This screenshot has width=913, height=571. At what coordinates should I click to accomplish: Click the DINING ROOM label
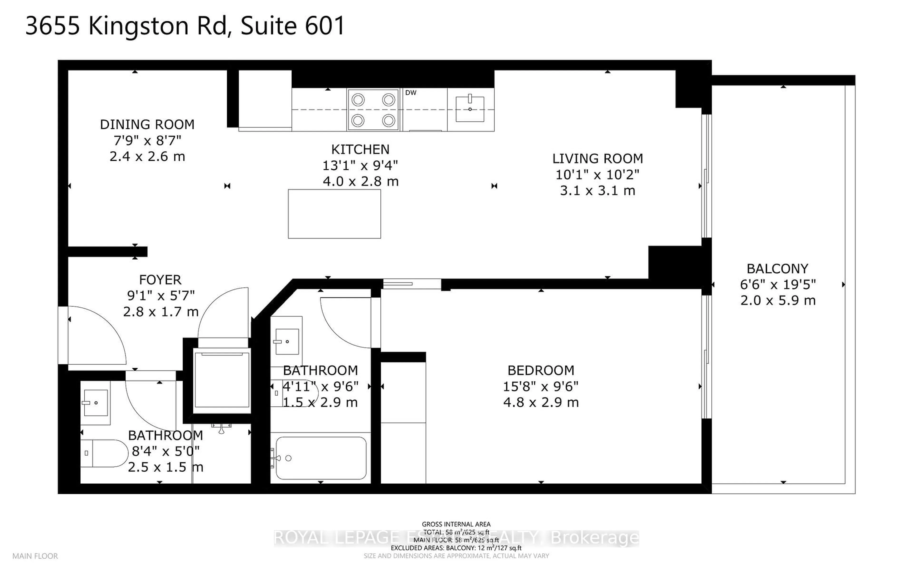[x=147, y=124]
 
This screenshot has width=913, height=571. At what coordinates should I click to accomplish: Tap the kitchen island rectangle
[x=334, y=214]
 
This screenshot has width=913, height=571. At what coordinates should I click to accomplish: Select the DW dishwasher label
[x=410, y=93]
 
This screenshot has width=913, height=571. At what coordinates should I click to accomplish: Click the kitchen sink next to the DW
[x=470, y=109]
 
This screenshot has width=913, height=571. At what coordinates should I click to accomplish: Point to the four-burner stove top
[x=373, y=110]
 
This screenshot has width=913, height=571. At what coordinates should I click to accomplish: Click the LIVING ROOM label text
[x=597, y=159]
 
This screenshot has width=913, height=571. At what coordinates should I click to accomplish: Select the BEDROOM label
[x=541, y=370]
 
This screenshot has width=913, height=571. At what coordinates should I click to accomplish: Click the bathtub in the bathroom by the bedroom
[x=321, y=458]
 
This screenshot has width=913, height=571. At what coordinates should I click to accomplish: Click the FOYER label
[x=160, y=280]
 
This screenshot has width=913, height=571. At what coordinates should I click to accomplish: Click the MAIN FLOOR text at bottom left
[x=35, y=556]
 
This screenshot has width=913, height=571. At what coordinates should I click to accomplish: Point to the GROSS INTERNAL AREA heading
[x=456, y=524]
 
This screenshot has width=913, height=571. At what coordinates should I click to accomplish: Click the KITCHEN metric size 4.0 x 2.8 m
[x=360, y=182]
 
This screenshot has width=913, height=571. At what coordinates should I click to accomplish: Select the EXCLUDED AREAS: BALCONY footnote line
[x=456, y=548]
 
